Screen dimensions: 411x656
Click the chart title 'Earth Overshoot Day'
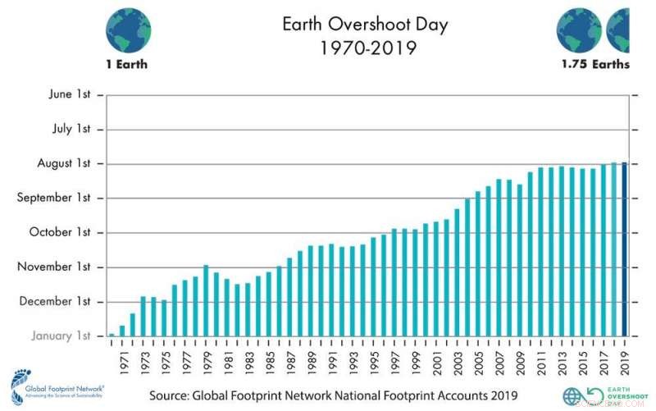[x=365, y=24]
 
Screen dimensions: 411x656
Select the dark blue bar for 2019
[x=624, y=249]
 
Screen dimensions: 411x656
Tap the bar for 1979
[x=206, y=300]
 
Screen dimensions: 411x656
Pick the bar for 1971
[x=122, y=331]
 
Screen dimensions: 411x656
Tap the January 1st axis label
[x=61, y=336]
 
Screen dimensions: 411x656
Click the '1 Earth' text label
[x=128, y=65]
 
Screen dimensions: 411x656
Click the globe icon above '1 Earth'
[x=128, y=27]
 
